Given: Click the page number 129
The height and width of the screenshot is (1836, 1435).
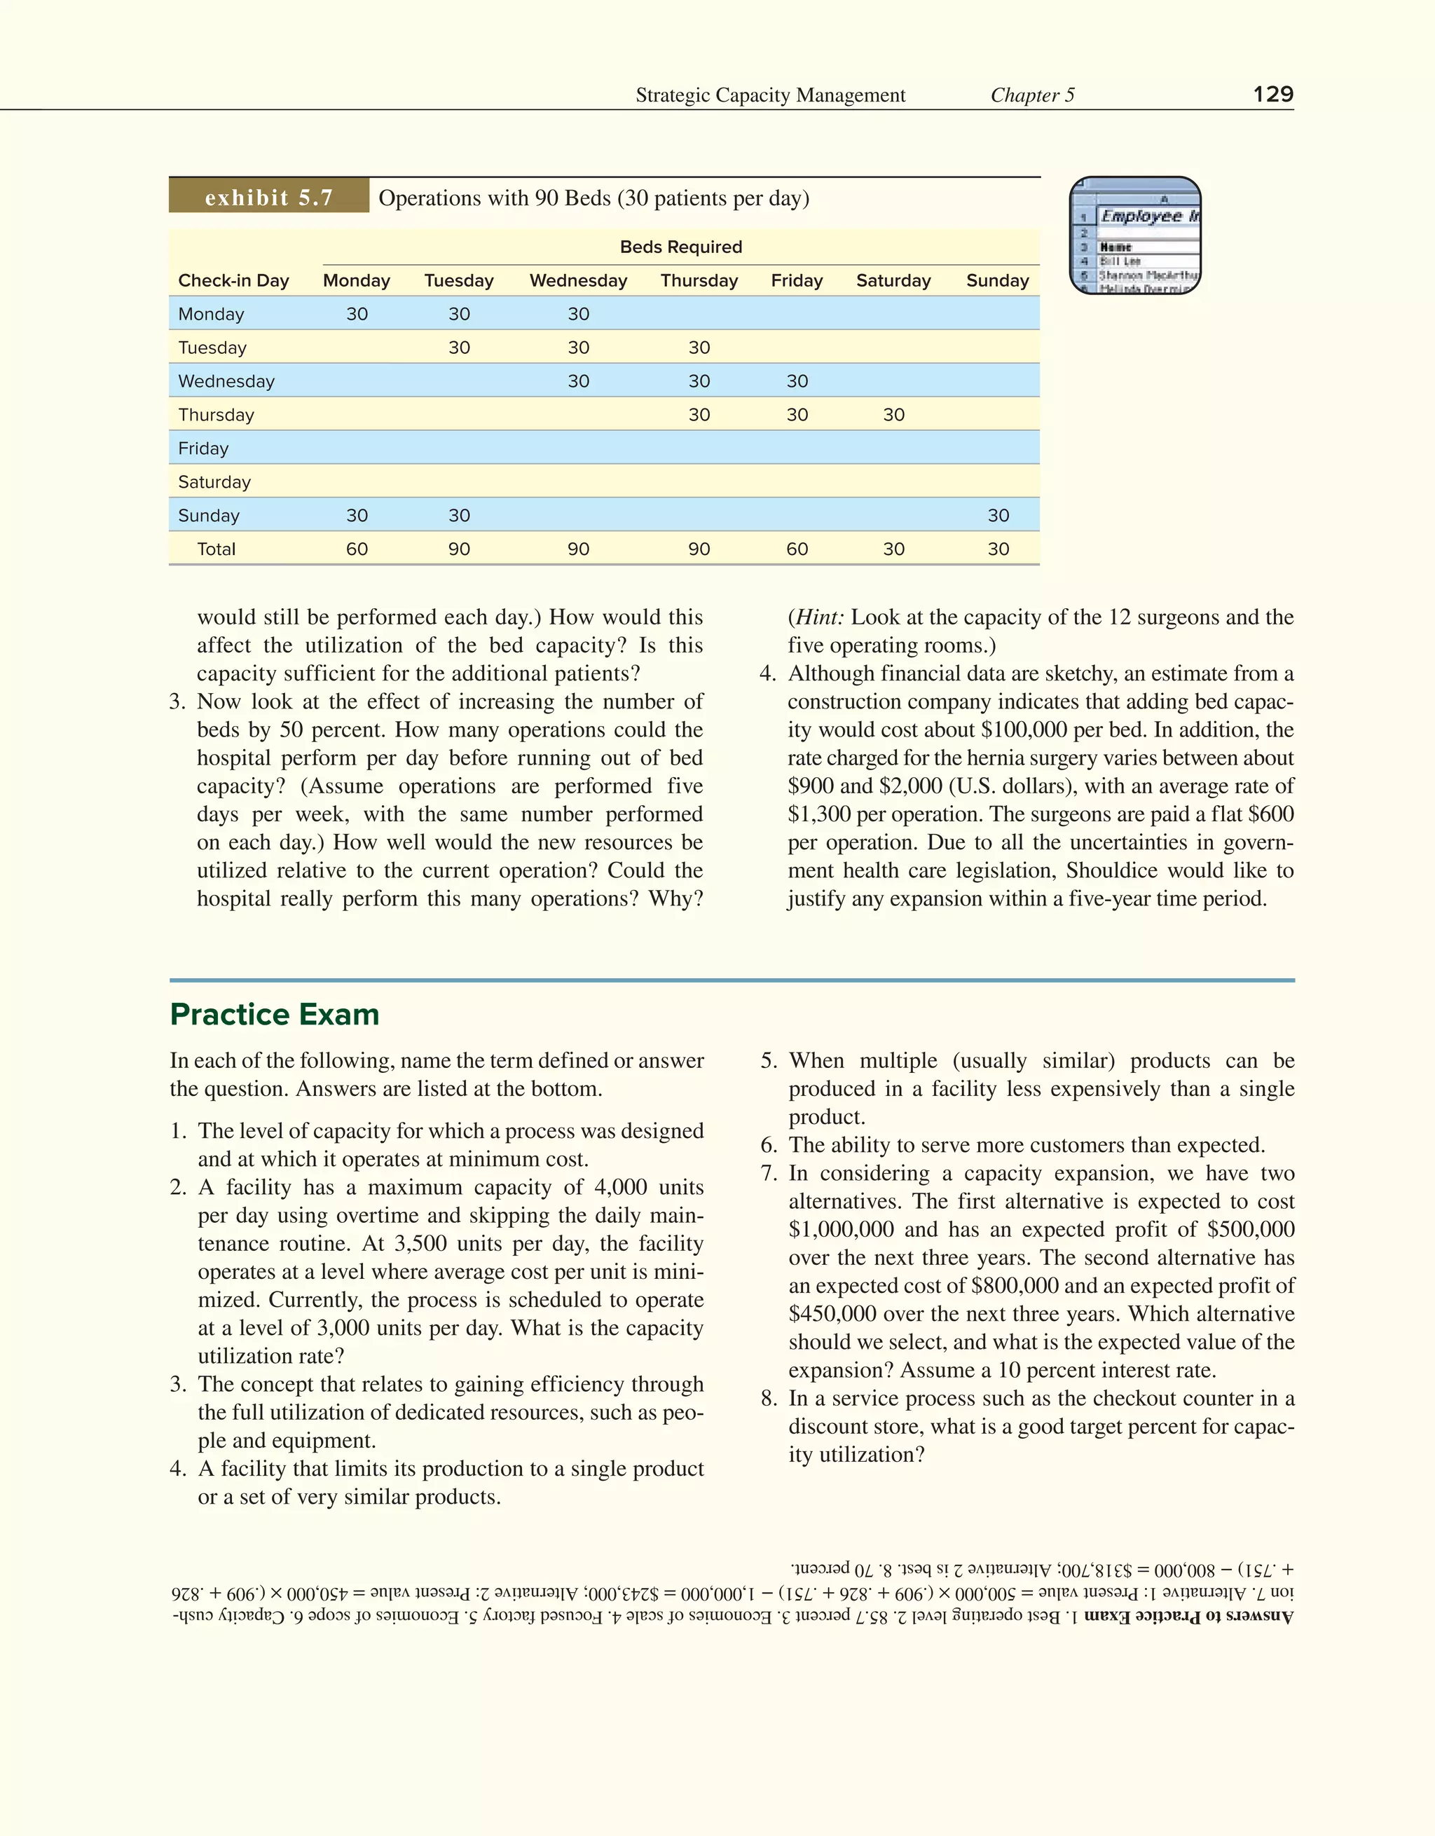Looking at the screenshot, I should click(1272, 94).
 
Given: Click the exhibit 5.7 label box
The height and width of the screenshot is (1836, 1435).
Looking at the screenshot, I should click(269, 198).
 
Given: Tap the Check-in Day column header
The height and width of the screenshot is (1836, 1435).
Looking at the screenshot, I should click(234, 281).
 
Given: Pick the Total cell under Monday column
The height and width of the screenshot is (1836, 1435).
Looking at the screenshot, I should click(357, 549).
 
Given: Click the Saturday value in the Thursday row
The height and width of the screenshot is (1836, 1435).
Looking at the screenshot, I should click(893, 414).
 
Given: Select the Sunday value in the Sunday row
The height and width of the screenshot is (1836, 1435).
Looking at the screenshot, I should click(998, 515).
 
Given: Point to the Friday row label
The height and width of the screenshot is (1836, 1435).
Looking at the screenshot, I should click(203, 448).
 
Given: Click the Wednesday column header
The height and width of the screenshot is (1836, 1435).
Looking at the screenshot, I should click(578, 281).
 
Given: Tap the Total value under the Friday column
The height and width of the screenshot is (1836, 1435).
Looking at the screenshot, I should click(797, 549).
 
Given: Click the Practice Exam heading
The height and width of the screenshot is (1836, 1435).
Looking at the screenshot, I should click(274, 1015).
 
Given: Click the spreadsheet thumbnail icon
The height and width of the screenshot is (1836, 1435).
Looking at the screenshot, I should click(1135, 235).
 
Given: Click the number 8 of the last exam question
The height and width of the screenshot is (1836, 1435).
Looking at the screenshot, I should click(769, 1398).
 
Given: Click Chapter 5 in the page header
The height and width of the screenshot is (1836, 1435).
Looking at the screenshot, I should click(1032, 95).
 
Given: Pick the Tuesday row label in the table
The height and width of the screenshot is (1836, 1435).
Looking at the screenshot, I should click(213, 347).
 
